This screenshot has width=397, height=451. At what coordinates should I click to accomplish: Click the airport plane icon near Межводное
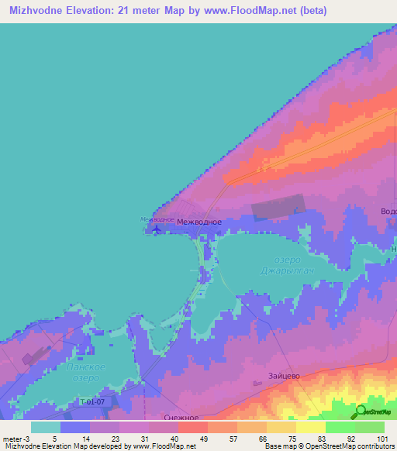coord(158,229)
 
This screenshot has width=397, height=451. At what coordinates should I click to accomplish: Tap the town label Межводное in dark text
coord(199,222)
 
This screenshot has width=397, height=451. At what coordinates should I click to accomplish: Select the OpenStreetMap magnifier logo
coord(361,410)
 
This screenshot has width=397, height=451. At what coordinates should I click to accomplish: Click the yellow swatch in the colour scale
coord(310,427)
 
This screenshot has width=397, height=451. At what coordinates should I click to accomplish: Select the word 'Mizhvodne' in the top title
coord(38,11)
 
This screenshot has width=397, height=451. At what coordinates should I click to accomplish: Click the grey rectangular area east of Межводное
coord(277,208)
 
